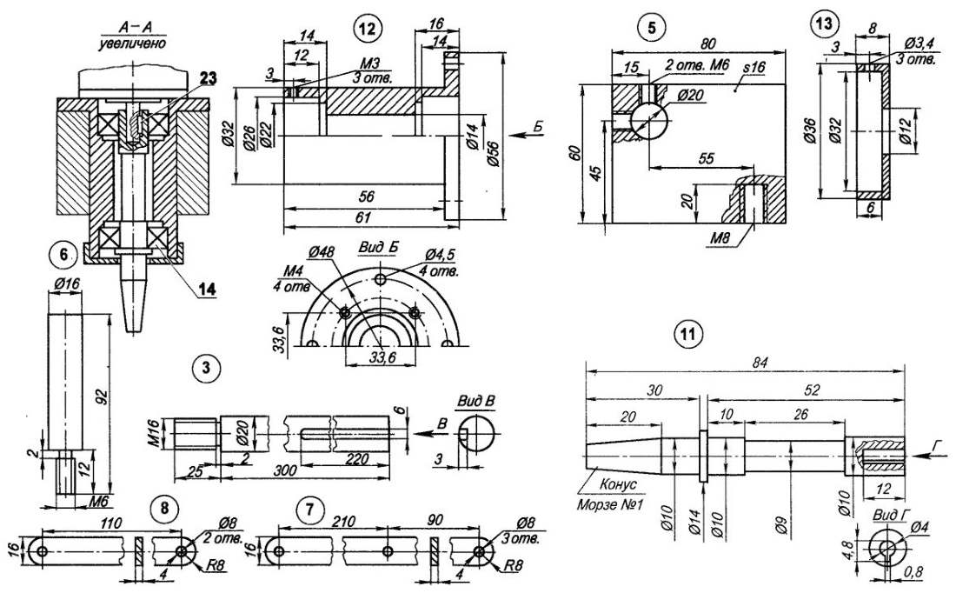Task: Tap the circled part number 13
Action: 821,24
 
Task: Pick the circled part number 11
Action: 688,334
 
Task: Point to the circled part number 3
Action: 205,369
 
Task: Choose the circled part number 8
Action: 162,505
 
